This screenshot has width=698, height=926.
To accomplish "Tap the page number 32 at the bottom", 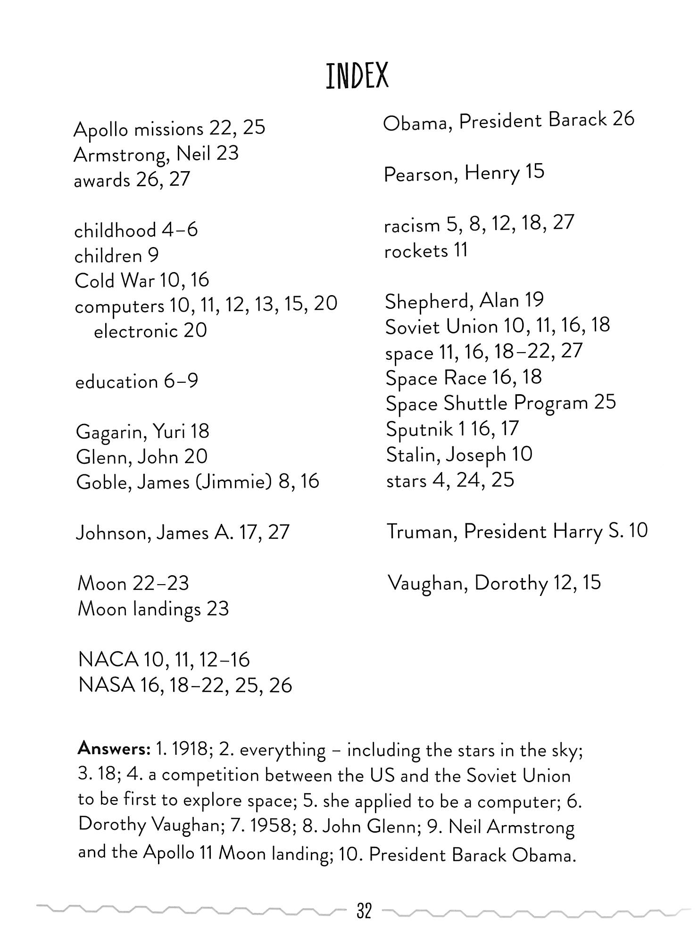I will [x=364, y=910].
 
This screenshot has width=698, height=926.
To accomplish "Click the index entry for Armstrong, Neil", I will [x=156, y=154].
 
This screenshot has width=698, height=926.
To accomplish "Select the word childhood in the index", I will [x=115, y=231].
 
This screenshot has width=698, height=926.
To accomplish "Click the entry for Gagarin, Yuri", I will [x=142, y=431].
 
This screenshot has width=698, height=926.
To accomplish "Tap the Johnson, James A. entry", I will [x=182, y=533].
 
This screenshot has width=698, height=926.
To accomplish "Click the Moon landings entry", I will [x=153, y=609].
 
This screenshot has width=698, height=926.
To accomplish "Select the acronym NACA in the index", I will [x=108, y=660].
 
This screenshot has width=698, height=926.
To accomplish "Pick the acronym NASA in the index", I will [x=107, y=685].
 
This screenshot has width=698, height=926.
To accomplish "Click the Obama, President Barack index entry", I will [x=508, y=121].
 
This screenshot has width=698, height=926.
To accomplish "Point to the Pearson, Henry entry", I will [x=464, y=173].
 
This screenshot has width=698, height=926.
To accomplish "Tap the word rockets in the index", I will [x=416, y=251].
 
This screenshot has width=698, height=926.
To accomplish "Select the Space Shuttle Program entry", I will [x=500, y=403].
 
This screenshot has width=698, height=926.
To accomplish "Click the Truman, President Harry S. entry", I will [x=517, y=532].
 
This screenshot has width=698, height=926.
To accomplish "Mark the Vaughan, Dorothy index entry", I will [x=494, y=583].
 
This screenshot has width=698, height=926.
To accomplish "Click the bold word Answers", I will [x=114, y=748].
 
